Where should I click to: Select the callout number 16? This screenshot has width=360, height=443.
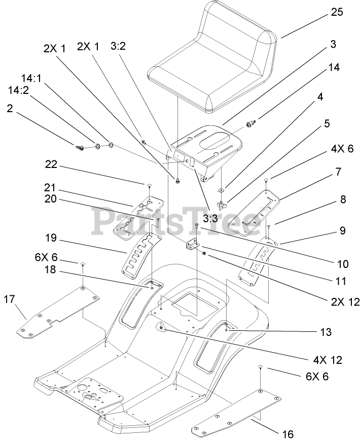(286, 434)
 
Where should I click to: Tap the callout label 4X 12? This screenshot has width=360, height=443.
(328, 360)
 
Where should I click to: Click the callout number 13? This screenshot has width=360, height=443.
(326, 332)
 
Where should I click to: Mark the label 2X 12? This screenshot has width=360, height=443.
(345, 302)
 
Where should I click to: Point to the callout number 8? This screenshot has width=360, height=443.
(343, 200)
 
